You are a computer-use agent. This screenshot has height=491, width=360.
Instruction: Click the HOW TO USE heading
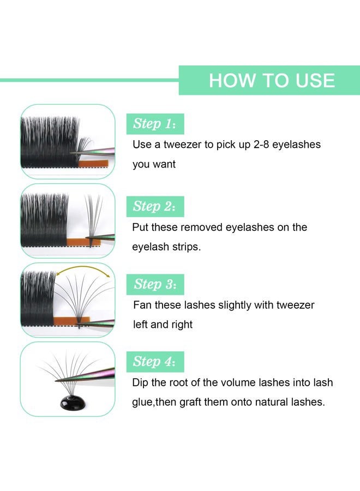271,80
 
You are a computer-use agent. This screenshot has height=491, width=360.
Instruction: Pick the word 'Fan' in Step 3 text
142,305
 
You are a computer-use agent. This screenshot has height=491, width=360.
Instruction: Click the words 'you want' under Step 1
154,164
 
